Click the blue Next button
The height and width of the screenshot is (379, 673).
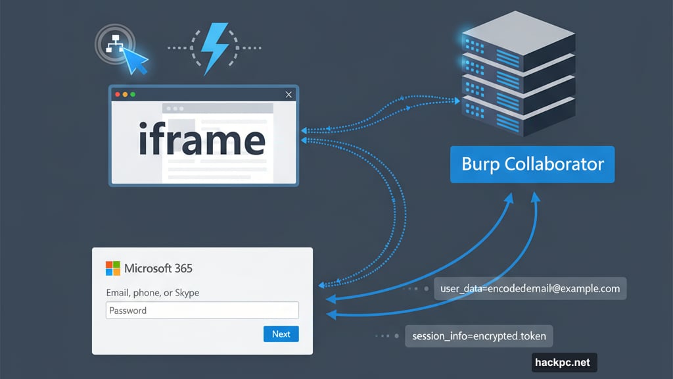[x=281, y=334]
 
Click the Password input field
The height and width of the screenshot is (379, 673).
[x=202, y=311]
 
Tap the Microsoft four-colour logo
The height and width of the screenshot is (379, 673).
[x=113, y=268]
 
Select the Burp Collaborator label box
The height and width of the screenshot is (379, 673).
[x=532, y=164]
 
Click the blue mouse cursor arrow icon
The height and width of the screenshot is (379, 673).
[x=136, y=61]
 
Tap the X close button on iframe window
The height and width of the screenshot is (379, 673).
[x=289, y=95]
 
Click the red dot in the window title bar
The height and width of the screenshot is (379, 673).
[x=118, y=95]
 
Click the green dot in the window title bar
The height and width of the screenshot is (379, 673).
[x=133, y=95]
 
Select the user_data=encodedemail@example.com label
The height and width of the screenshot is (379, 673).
[x=530, y=288]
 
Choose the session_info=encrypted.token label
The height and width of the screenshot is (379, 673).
[x=478, y=336]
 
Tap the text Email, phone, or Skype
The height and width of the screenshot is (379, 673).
[x=152, y=292]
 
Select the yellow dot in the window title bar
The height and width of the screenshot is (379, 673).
[x=126, y=95]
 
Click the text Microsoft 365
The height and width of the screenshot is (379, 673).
[x=158, y=268]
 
